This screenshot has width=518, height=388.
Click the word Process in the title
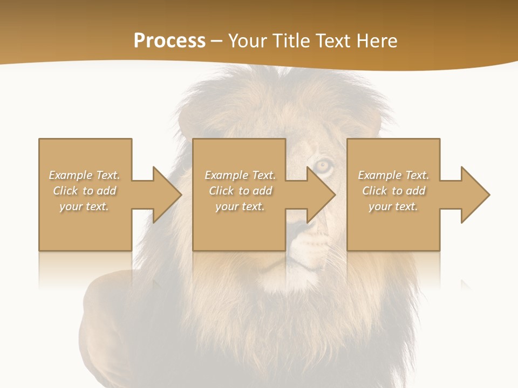(169, 41)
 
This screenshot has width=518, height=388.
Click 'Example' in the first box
(71, 175)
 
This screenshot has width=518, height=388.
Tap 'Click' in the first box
(65, 191)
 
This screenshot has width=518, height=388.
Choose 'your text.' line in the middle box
(240, 206)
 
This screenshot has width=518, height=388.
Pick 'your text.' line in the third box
(393, 206)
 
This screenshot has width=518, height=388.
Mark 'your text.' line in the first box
(84, 206)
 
